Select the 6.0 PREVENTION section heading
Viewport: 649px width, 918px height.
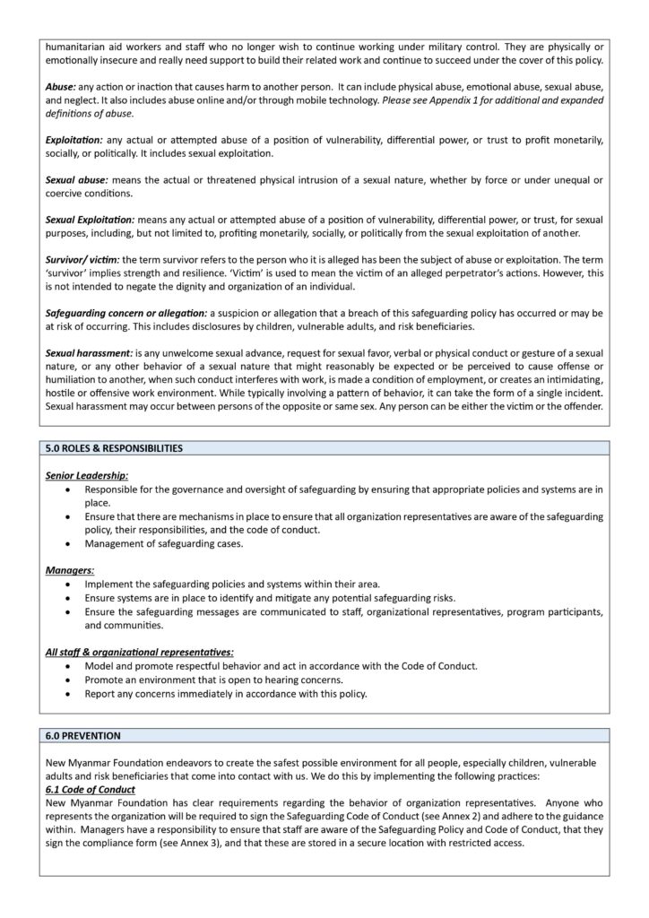(x=82, y=735)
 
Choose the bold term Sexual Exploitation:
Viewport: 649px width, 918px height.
(x=90, y=220)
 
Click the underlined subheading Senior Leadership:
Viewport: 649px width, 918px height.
(x=87, y=475)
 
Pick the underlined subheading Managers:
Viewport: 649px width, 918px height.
(x=69, y=569)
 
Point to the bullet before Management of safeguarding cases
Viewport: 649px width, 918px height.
(x=70, y=543)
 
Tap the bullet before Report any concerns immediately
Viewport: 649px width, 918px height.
(x=70, y=693)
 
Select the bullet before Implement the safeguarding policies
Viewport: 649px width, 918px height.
(x=70, y=585)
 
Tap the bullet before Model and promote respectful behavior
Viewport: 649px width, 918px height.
(x=70, y=666)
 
